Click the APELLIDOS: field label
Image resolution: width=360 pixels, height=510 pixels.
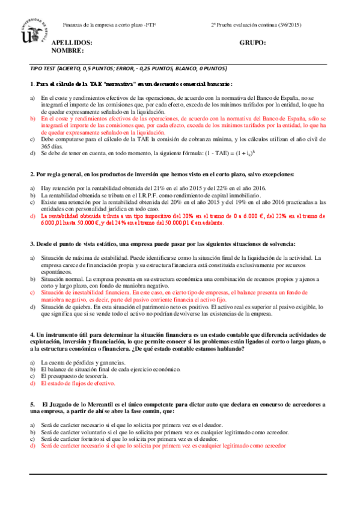pos(72,43)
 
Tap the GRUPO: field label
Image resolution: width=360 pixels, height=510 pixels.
pos(252,43)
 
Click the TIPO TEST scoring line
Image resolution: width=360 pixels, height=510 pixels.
pos(129,69)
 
